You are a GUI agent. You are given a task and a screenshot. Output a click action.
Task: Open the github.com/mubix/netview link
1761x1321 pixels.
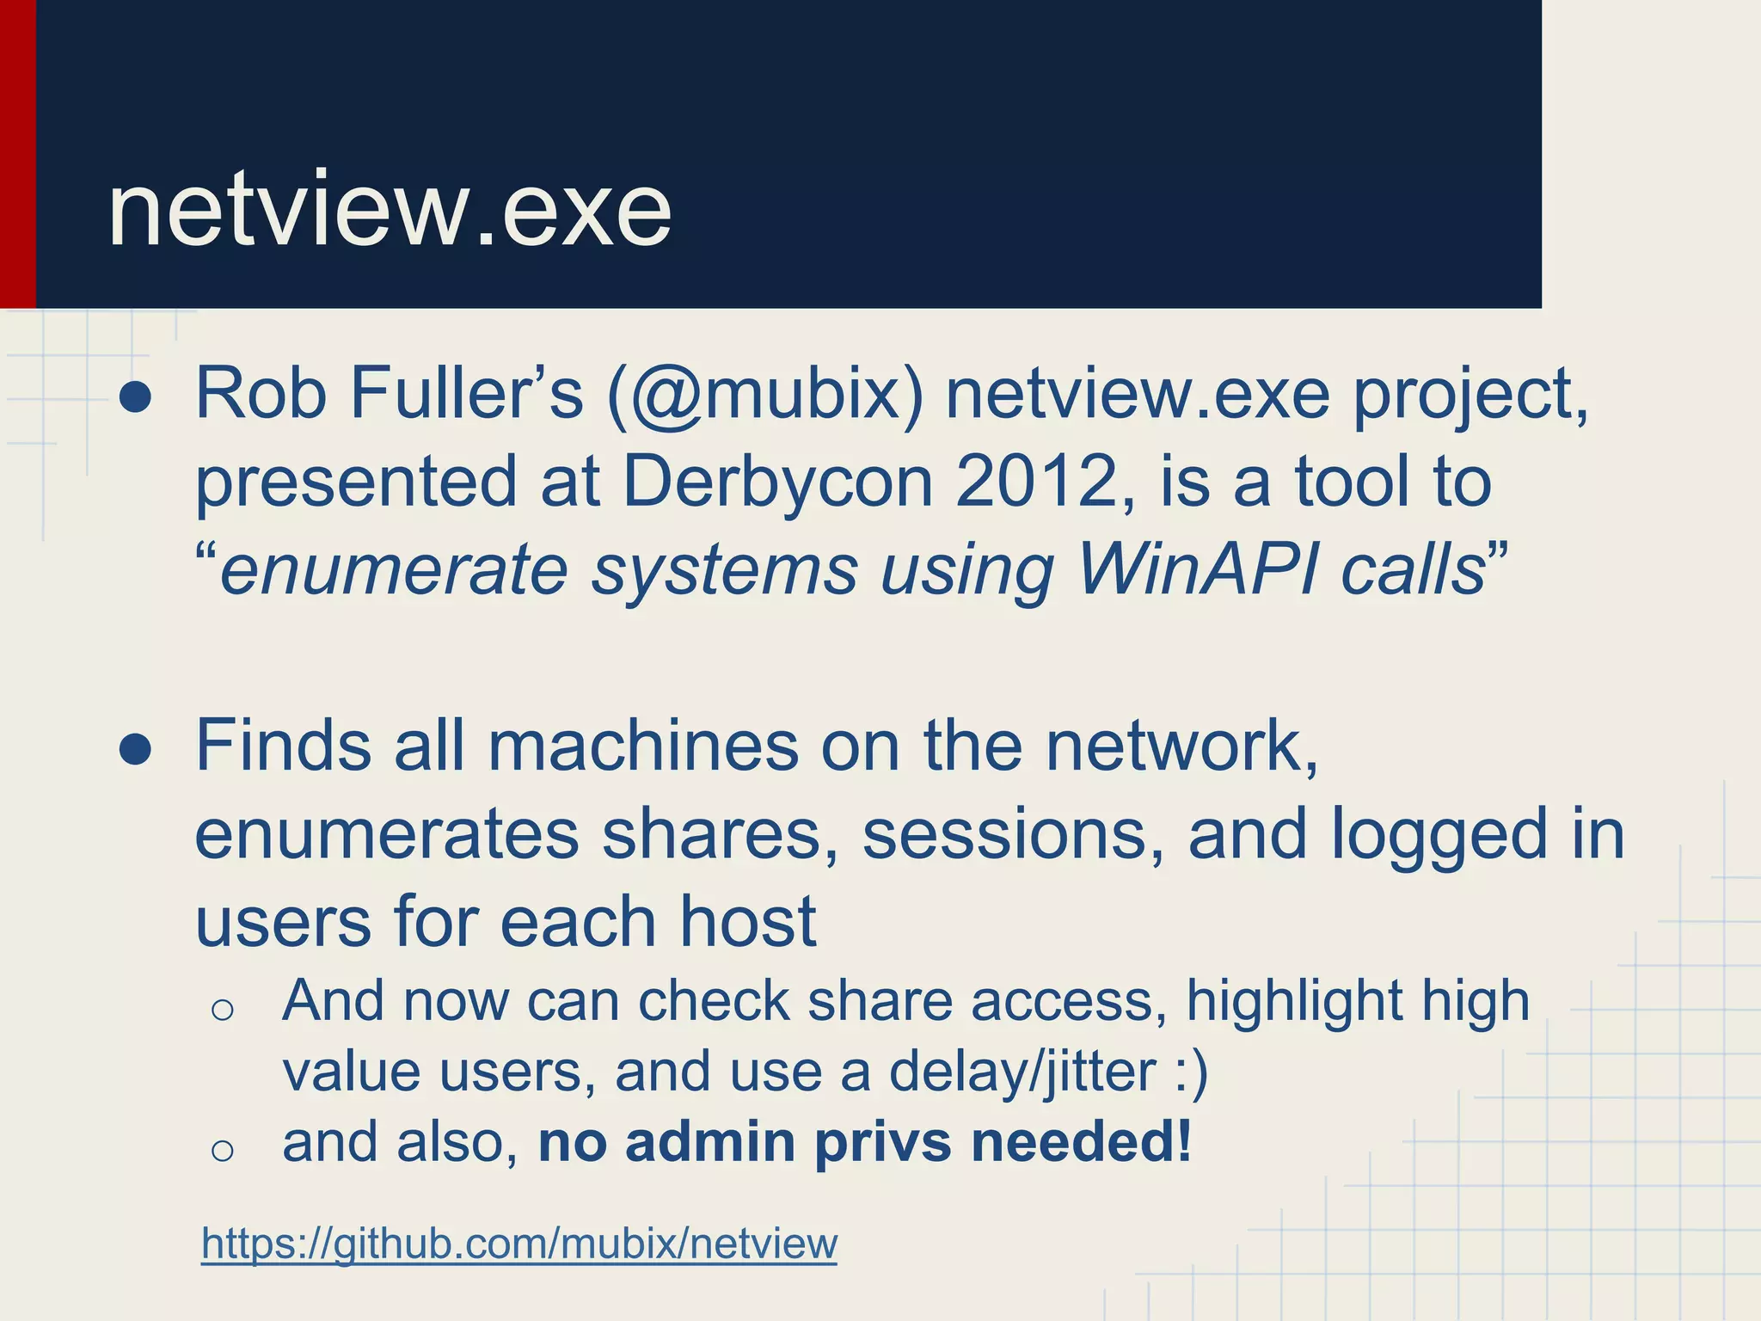[x=519, y=1244]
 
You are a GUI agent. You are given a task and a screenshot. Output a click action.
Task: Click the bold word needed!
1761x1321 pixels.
[x=1081, y=1142]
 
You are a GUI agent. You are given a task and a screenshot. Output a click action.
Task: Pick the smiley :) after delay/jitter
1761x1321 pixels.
[x=1192, y=1072]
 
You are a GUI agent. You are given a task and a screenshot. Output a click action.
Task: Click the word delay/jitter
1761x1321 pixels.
[x=1022, y=1072]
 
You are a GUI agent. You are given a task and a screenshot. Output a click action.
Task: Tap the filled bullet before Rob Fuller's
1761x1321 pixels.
[x=136, y=398]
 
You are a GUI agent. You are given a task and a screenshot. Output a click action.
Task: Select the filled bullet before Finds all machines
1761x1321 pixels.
[x=136, y=749]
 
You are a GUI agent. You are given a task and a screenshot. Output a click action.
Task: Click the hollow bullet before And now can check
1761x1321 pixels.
[x=222, y=1010]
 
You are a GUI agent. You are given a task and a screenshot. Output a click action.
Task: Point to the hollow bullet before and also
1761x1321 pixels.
[x=222, y=1150]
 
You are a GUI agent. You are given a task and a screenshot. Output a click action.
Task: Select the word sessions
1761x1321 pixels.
[x=1012, y=835]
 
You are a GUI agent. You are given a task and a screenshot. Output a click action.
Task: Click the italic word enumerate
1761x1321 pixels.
[x=394, y=570]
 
